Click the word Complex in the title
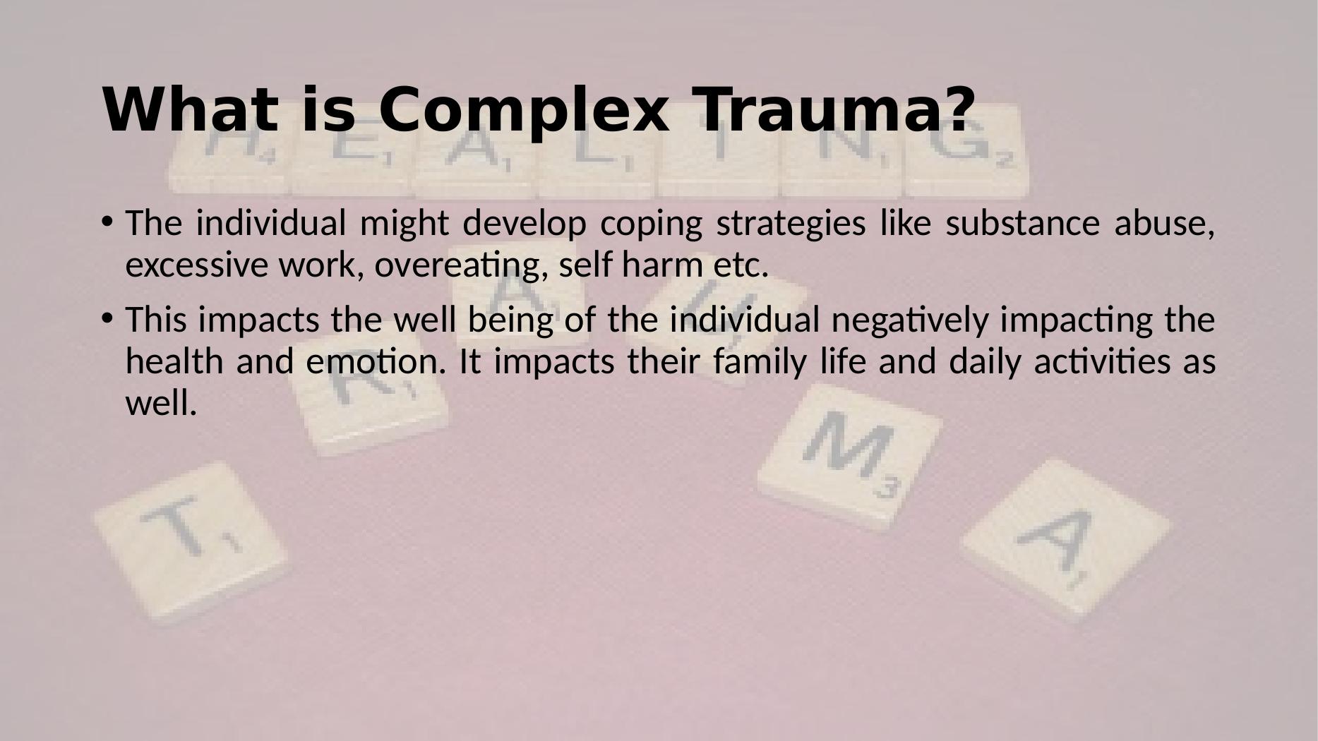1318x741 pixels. coord(523,109)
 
